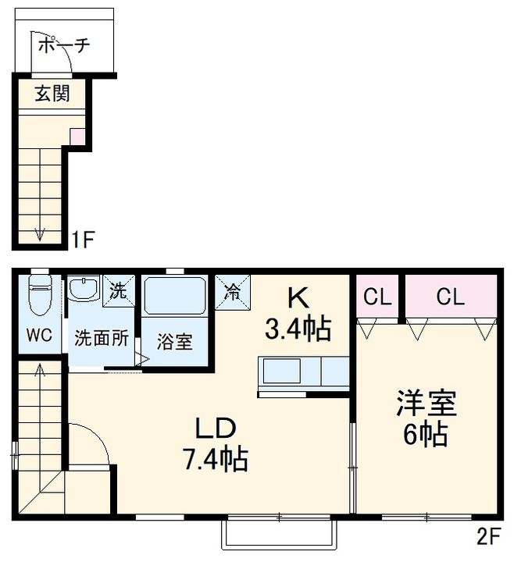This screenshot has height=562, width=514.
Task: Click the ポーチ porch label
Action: pyautogui.click(x=63, y=45)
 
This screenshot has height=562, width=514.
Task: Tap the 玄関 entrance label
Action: pyautogui.click(x=52, y=93)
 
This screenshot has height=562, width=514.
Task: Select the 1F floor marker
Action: pyautogui.click(x=83, y=240)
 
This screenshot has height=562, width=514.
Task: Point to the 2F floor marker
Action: pyautogui.click(x=488, y=535)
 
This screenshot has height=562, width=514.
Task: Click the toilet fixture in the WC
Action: pyautogui.click(x=40, y=294)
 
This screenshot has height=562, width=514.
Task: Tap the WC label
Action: pyautogui.click(x=39, y=335)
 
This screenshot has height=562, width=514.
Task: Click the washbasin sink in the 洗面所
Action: pyautogui.click(x=84, y=289)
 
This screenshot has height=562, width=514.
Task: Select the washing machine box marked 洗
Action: pyautogui.click(x=119, y=290)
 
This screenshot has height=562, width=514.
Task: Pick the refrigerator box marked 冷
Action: pyautogui.click(x=233, y=292)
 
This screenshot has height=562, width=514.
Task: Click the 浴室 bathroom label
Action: pyautogui.click(x=175, y=342)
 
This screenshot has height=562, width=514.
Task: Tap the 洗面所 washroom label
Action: pyautogui.click(x=102, y=338)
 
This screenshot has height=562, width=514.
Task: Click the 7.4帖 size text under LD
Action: pyautogui.click(x=216, y=459)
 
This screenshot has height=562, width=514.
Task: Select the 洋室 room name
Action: pyautogui.click(x=427, y=403)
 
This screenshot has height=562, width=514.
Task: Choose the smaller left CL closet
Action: pyautogui.click(x=377, y=296)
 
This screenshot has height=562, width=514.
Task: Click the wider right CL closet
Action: pyautogui.click(x=451, y=296)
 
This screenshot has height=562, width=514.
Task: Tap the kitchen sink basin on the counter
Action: pyautogui.click(x=282, y=371)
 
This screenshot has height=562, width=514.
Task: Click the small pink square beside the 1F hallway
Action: pyautogui.click(x=77, y=137)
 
